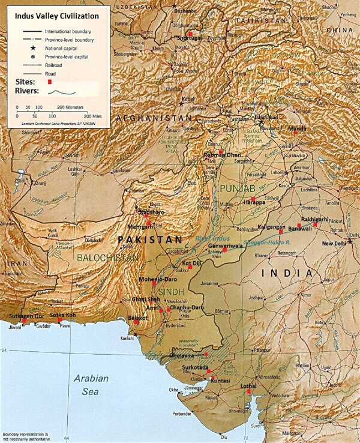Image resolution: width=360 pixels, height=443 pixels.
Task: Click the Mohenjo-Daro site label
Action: pyautogui.click(x=157, y=279)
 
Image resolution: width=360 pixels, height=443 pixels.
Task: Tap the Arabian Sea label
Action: pyautogui.click(x=91, y=385)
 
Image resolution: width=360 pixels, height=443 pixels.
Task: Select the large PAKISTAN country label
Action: pyautogui.click(x=149, y=240)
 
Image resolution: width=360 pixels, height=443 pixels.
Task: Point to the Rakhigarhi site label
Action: pyautogui.click(x=316, y=219)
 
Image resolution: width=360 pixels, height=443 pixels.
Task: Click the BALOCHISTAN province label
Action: pyautogui.click(x=109, y=258)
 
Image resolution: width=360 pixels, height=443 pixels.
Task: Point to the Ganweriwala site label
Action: pyautogui.click(x=227, y=246)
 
